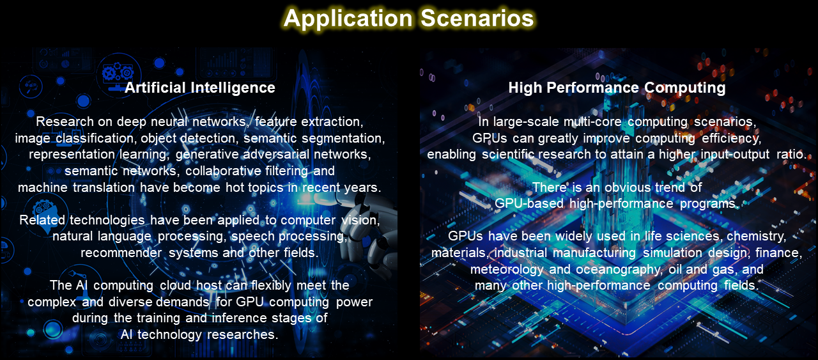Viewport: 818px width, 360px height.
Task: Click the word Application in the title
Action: pyautogui.click(x=348, y=19)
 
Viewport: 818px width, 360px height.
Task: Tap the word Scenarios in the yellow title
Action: pyautogui.click(x=477, y=18)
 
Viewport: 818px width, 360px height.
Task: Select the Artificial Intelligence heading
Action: pyautogui.click(x=200, y=88)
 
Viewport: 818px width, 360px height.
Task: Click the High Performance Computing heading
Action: pyautogui.click(x=617, y=88)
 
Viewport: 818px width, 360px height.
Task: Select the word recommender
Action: pyautogui.click(x=121, y=253)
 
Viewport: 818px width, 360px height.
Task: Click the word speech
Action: pyautogui.click(x=253, y=237)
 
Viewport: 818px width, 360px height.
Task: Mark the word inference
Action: pyautogui.click(x=239, y=318)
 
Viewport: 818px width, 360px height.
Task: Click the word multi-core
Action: pyautogui.click(x=592, y=121)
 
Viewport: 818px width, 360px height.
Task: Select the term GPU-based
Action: pyautogui.click(x=529, y=203)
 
